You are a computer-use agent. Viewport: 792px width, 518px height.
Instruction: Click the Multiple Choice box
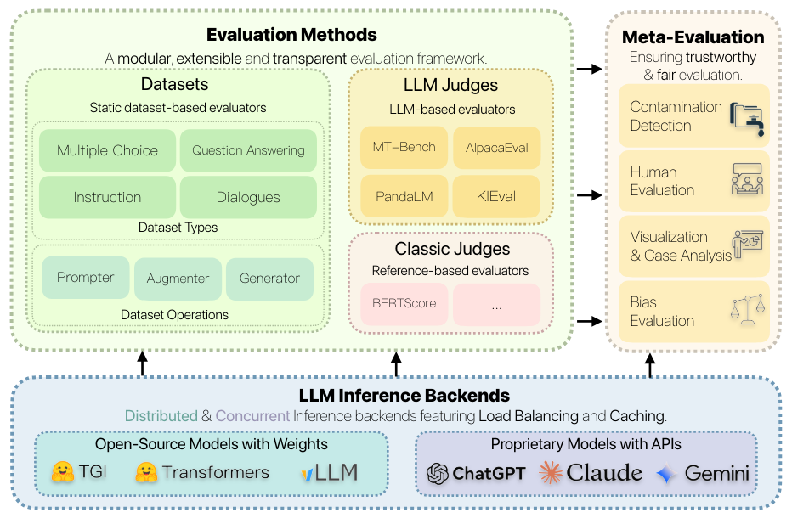click(107, 150)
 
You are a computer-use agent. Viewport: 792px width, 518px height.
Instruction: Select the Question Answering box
click(248, 150)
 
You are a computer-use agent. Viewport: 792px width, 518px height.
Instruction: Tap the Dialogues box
click(248, 197)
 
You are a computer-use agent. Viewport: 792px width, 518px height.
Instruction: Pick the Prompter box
click(85, 277)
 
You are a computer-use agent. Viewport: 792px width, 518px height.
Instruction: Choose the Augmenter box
click(178, 279)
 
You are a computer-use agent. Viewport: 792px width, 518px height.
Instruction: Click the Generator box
click(269, 279)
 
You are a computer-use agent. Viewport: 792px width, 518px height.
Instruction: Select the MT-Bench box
click(404, 147)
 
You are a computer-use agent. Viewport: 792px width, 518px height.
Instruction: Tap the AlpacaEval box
click(496, 148)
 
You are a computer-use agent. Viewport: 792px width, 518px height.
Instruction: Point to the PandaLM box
click(404, 196)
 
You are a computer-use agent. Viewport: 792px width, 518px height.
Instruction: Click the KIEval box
click(496, 196)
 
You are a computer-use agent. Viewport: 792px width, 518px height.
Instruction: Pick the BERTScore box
click(404, 304)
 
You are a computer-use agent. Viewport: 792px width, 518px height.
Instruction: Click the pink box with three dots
click(496, 305)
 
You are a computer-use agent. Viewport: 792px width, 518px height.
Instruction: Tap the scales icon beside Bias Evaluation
click(748, 309)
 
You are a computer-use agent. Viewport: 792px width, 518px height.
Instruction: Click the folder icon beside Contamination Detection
click(747, 119)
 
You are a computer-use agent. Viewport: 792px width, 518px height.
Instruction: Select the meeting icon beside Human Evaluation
click(747, 179)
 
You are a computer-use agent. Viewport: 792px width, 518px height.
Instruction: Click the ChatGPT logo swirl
click(438, 474)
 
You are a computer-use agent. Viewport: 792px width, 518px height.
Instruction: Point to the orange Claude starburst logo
click(551, 472)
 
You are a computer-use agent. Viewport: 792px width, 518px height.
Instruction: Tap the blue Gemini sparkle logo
click(667, 474)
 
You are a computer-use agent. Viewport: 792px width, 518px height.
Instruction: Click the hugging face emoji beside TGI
click(63, 471)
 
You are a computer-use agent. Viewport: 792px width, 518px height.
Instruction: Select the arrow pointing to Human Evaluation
click(590, 194)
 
